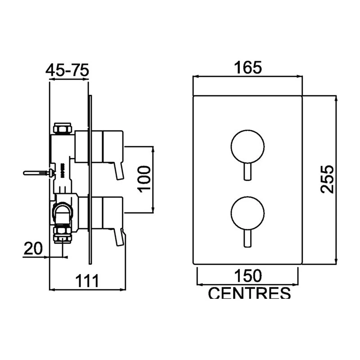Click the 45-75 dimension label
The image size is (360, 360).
(x=68, y=70)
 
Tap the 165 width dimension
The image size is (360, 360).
(x=247, y=68)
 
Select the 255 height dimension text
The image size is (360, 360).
(x=327, y=179)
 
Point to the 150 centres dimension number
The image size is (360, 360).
(x=247, y=274)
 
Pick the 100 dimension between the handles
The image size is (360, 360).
(x=143, y=178)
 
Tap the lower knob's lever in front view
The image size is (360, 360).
(x=247, y=238)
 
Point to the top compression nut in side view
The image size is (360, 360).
(x=62, y=129)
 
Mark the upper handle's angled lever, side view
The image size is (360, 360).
(x=119, y=171)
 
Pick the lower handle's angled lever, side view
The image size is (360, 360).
(x=120, y=237)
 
